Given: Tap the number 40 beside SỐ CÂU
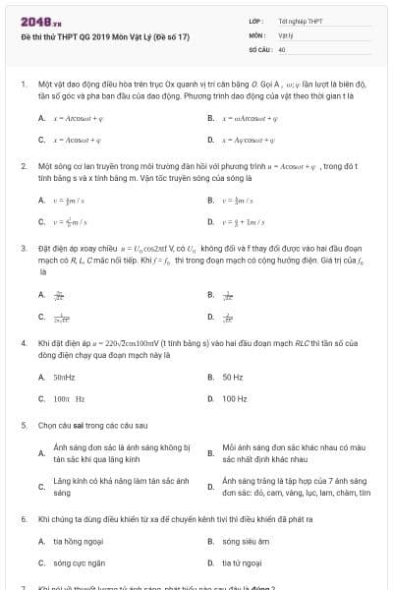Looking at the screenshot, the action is click(x=282, y=48).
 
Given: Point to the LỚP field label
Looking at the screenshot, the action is click(x=254, y=21).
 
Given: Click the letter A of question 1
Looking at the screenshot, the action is click(x=41, y=118).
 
